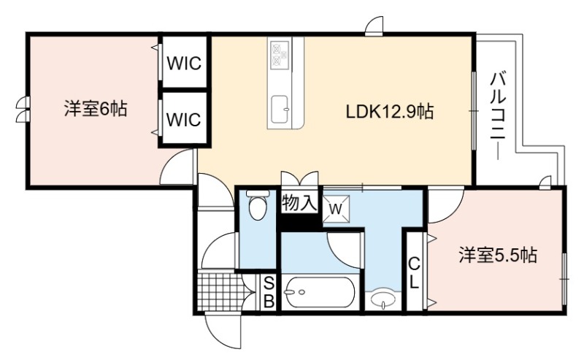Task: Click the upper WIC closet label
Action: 184,64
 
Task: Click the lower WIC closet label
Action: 184,119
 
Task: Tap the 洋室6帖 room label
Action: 96,109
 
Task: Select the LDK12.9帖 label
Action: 390,112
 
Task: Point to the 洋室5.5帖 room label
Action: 498,255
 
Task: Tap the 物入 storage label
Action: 299,204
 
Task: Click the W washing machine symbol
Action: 336,209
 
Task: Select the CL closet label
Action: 414,273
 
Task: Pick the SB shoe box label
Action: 269,293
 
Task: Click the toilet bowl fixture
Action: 258,204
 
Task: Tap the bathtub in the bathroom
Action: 320,292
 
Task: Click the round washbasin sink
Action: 383,299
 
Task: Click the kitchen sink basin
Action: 280,110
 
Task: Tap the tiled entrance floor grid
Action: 219,292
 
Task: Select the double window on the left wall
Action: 22,110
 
